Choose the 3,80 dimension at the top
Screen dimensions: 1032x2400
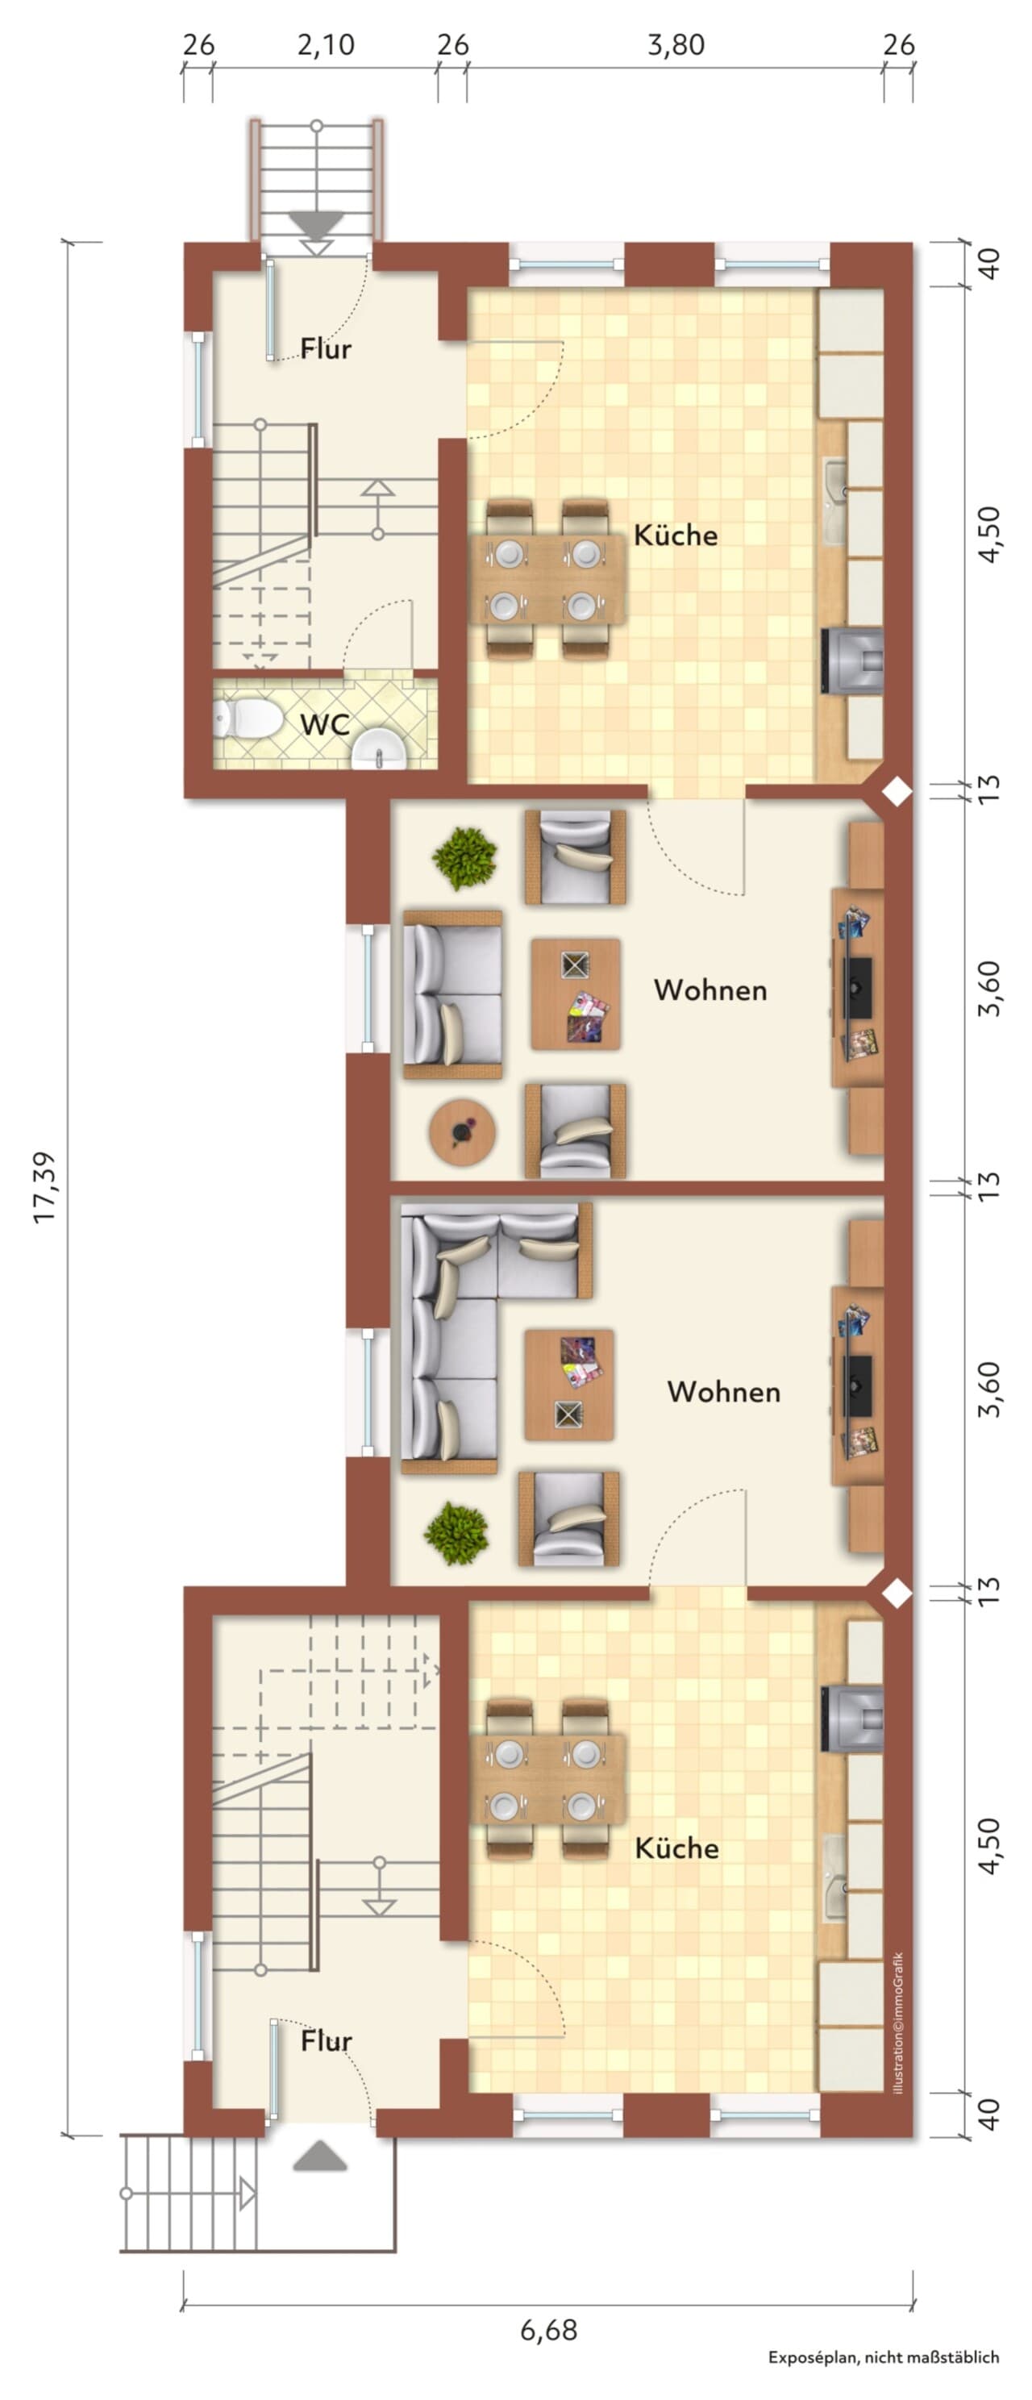tap(676, 44)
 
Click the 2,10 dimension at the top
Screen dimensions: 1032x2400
tap(326, 44)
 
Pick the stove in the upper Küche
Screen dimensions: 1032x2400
tap(852, 660)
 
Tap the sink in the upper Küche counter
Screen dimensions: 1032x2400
tap(835, 503)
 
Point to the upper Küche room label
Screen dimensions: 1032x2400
tap(676, 535)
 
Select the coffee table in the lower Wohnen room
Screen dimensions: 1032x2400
tap(569, 1385)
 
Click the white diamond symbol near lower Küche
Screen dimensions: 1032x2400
tap(896, 1594)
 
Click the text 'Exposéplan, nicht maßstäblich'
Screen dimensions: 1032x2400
tap(883, 2376)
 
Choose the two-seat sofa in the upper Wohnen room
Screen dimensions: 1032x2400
tap(452, 995)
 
